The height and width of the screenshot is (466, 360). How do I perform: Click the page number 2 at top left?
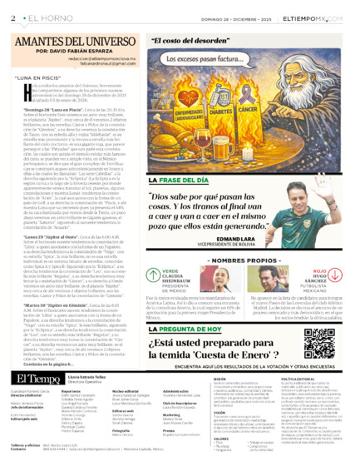point(14,17)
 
